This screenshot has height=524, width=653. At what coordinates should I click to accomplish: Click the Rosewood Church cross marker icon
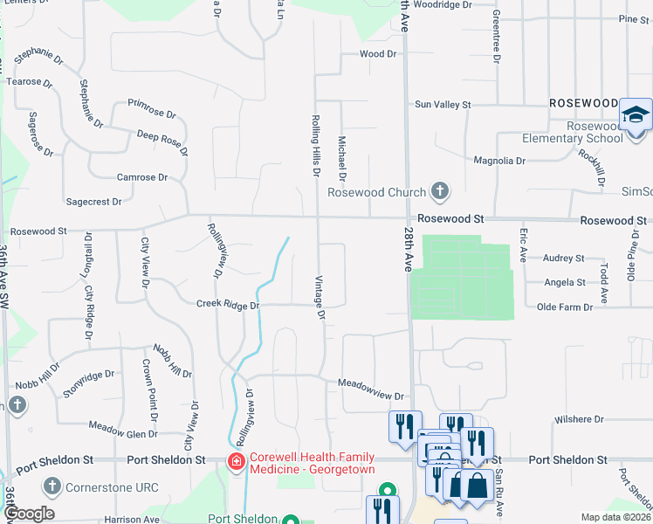pyautogui.click(x=441, y=191)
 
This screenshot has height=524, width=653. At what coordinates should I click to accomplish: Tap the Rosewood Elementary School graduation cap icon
pyautogui.click(x=636, y=115)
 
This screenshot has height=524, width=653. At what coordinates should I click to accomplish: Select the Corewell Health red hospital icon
pyautogui.click(x=235, y=460)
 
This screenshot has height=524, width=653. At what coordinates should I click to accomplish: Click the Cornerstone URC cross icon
pyautogui.click(x=52, y=486)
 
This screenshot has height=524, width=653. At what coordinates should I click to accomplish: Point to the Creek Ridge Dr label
pyautogui.click(x=228, y=306)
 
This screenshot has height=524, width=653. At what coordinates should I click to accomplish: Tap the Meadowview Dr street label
pyautogui.click(x=373, y=383)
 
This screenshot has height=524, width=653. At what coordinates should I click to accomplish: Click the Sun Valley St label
pyautogui.click(x=443, y=105)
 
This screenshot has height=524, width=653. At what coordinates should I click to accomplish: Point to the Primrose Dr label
pyautogui.click(x=152, y=114)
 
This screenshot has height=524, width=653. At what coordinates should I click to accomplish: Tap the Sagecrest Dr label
pyautogui.click(x=93, y=202)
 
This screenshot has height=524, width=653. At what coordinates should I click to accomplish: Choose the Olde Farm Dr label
pyautogui.click(x=564, y=307)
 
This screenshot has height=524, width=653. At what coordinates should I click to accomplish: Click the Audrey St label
pyautogui.click(x=563, y=259)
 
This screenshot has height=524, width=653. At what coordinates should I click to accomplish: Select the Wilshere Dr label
pyautogui.click(x=579, y=419)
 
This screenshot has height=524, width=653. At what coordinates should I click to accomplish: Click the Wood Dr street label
pyautogui.click(x=378, y=54)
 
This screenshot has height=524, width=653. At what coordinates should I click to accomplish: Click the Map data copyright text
pyautogui.click(x=615, y=517)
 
